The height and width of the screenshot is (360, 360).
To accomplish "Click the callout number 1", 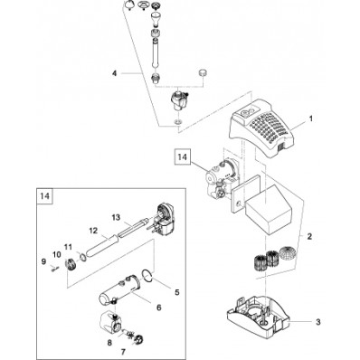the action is (x=311, y=118).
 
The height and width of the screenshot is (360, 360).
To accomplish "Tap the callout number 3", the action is (x=318, y=322).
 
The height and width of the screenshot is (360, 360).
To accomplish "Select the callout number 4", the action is (x=114, y=73).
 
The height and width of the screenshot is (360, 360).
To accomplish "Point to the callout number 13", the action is (x=116, y=217).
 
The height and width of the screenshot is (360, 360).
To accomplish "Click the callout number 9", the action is (x=43, y=261).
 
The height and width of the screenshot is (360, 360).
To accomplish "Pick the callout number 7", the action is (x=123, y=352).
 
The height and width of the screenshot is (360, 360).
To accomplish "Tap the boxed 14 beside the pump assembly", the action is (x=183, y=157).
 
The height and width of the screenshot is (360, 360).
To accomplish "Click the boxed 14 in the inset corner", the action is (x=44, y=196).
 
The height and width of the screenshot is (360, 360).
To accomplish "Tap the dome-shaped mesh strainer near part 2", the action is (x=287, y=252).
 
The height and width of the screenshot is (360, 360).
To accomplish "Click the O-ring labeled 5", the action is (x=147, y=275).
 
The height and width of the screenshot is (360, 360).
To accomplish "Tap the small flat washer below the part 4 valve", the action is (x=178, y=122).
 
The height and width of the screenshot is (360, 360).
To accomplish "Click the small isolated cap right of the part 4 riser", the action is (x=202, y=73).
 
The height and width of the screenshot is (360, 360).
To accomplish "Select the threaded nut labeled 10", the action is (x=71, y=264).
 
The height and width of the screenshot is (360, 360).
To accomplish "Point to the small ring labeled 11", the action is (x=82, y=256).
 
